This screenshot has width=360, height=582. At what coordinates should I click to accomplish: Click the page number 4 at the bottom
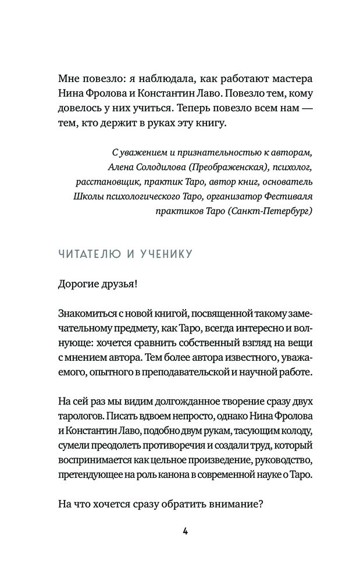[185, 530]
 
